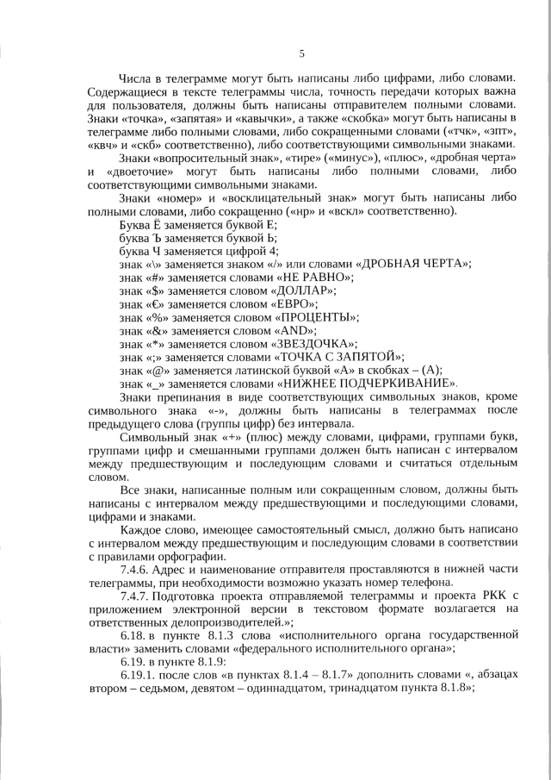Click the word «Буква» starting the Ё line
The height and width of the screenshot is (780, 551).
click(x=136, y=225)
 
